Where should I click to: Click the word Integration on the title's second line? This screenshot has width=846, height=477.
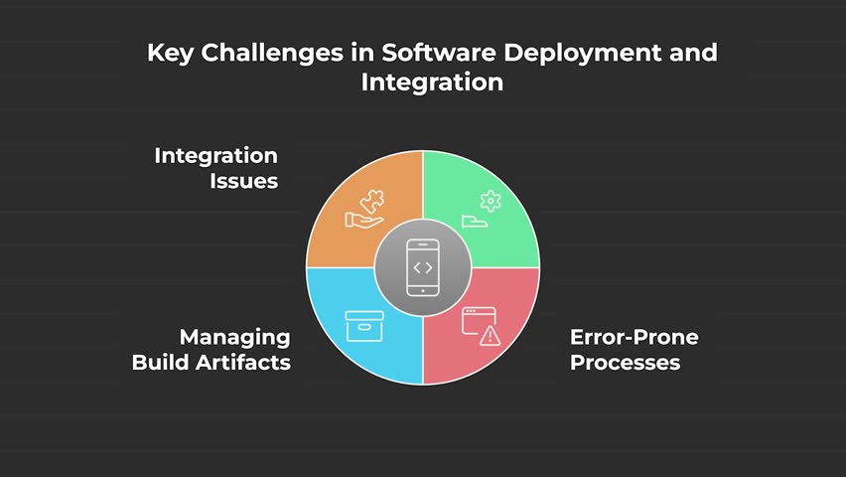click(x=432, y=82)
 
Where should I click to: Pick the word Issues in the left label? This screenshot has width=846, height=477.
click(x=243, y=182)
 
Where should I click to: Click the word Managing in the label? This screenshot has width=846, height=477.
click(x=234, y=337)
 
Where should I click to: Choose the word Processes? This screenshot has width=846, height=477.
click(x=625, y=362)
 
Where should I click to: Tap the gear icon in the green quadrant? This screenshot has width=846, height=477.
click(x=491, y=201)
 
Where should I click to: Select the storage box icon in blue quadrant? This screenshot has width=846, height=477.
click(x=363, y=326)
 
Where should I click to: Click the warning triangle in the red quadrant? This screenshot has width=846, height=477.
click(x=491, y=336)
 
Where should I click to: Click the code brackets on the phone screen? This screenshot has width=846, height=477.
click(x=423, y=267)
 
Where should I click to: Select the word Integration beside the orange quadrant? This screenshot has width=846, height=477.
click(x=215, y=156)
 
